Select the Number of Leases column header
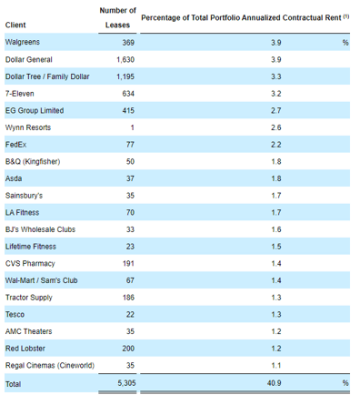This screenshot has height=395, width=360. [x=117, y=18]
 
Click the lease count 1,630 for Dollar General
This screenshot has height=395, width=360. [x=121, y=59]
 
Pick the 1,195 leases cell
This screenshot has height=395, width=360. [x=121, y=76]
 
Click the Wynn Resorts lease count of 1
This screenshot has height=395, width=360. [x=133, y=127]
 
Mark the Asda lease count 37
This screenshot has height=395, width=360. [x=129, y=178]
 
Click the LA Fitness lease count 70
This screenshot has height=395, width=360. [x=129, y=212]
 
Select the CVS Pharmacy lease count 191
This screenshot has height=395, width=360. [x=126, y=263]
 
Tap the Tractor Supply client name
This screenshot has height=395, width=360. [x=32, y=298]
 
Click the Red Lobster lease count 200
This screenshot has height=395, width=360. [x=126, y=349]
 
